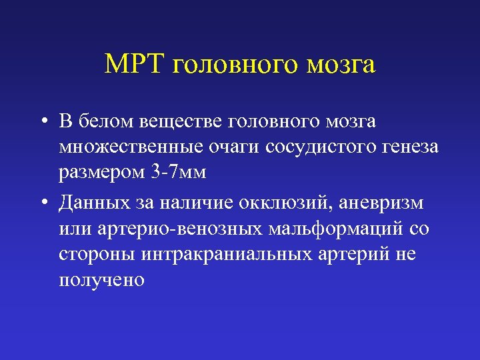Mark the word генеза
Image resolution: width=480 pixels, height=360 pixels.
point(413,147)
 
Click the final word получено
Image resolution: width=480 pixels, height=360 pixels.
point(101,281)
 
